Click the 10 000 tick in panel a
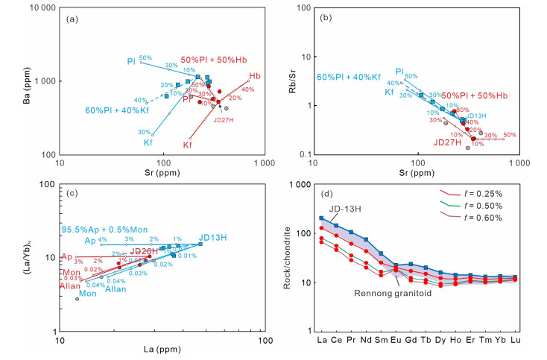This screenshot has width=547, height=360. point(38,8)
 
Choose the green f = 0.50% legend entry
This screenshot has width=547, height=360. point(481,205)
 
